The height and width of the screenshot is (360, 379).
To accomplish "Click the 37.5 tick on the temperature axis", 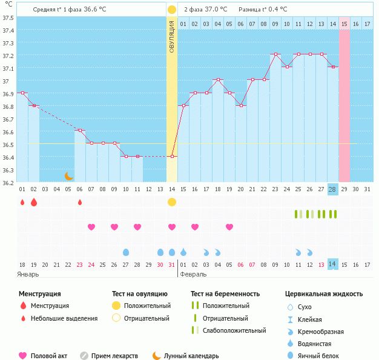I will tap(8, 18).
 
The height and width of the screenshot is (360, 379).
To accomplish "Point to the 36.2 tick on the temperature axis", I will tap(8, 183).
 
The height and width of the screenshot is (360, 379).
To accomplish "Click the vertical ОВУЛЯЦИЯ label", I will tap(172, 36).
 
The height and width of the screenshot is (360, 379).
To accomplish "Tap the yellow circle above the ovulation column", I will tap(172, 10).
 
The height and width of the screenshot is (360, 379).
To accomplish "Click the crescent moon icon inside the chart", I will tap(69, 176).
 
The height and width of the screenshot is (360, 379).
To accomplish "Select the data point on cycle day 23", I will tap(275, 54).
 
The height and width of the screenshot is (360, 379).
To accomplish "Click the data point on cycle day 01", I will tap(22, 93).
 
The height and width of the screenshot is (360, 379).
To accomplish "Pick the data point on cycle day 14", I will tap(172, 156).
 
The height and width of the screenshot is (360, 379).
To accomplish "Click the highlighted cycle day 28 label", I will tap(332, 189).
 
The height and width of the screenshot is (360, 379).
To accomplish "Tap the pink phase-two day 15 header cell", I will tap(344, 24).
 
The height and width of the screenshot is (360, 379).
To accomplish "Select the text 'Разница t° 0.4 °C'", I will tap(263, 10).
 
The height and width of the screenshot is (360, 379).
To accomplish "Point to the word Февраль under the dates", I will tap(193, 273).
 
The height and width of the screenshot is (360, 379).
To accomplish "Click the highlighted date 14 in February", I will tap(332, 264).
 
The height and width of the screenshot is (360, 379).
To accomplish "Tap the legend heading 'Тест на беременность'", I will tap(225, 294).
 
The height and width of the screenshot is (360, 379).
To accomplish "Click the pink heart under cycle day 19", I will tap(229, 227).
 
